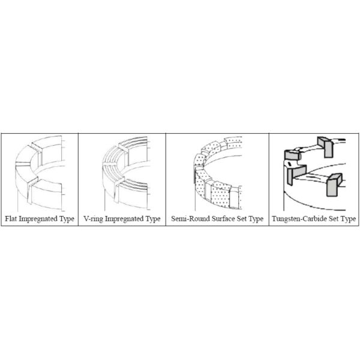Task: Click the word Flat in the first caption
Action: pyautogui.click(x=11, y=218)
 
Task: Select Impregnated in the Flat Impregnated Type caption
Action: pyautogui.click(x=38, y=219)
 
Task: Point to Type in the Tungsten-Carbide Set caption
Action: pyautogui.click(x=348, y=219)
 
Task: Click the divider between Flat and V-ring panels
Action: pyautogui.click(x=78, y=179)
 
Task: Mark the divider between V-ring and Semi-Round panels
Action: pyautogui.click(x=166, y=179)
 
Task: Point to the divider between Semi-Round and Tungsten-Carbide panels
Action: pyautogui.click(x=269, y=179)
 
